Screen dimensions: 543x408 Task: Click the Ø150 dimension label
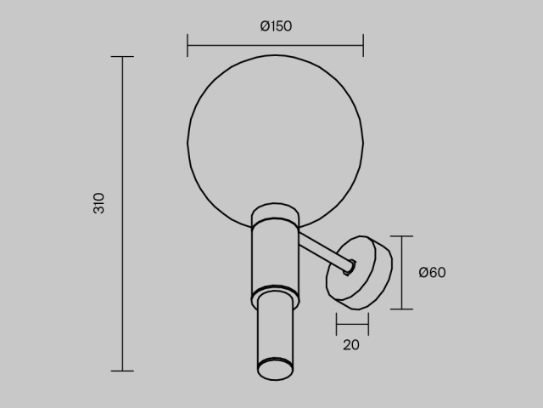click(276, 26)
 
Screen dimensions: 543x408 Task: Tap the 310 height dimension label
click(99, 203)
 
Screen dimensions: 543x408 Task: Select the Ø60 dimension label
click(432, 272)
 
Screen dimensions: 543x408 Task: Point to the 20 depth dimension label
click(351, 345)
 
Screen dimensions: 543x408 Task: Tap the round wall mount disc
click(360, 273)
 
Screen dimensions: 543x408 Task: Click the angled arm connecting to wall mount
click(326, 252)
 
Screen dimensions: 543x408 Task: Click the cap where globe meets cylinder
click(275, 212)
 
